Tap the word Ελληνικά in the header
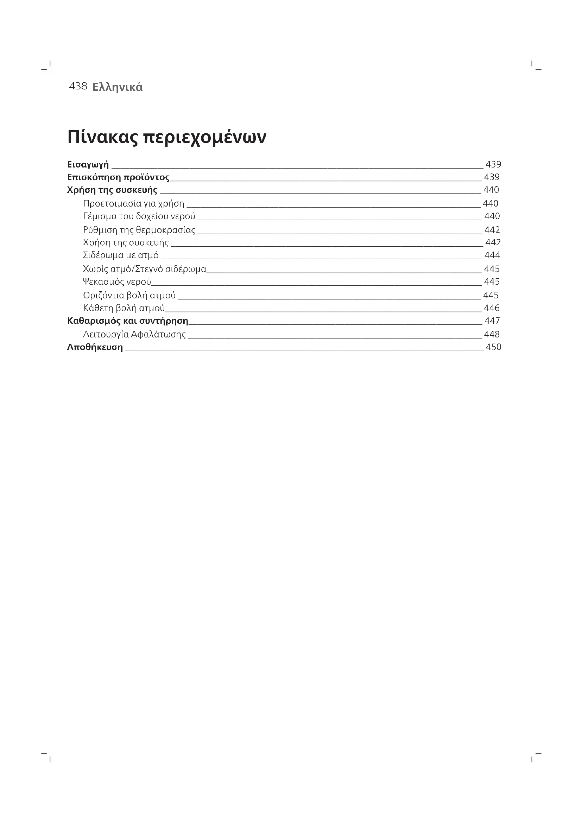click(117, 87)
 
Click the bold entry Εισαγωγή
click(88, 165)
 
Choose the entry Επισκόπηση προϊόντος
click(118, 177)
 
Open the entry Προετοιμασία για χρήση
click(134, 204)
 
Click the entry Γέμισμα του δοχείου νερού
click(139, 216)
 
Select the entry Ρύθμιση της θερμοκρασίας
click(139, 230)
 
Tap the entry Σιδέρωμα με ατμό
click(121, 255)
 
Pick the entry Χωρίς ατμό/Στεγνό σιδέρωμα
click(144, 269)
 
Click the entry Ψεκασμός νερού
click(117, 282)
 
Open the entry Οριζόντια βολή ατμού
click(129, 295)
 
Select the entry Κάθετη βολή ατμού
click(124, 308)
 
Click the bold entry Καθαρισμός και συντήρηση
click(128, 321)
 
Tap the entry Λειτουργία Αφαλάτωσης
click(134, 334)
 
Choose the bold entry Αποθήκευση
click(95, 347)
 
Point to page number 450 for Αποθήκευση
click(493, 347)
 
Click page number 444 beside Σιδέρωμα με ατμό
click(492, 255)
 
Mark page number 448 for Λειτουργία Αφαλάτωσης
click(492, 334)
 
